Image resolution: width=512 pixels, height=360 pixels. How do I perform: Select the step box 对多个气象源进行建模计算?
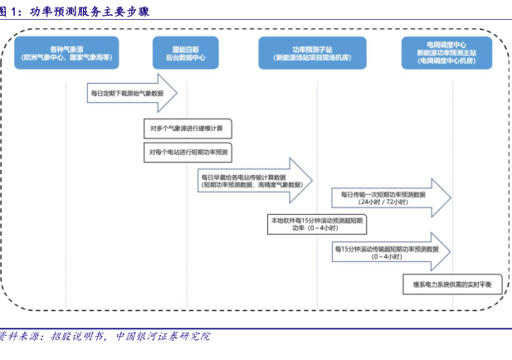(188, 128)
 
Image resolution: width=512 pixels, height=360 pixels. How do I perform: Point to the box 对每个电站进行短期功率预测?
(188, 153)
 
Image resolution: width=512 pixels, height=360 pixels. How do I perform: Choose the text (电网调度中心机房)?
(446, 62)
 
